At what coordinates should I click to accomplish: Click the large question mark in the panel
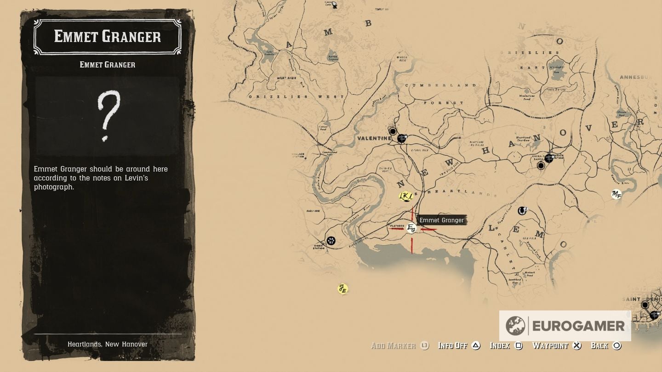108,115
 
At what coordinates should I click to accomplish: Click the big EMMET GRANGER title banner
108,37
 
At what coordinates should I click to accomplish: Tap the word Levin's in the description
137,178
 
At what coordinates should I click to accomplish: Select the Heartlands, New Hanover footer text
108,344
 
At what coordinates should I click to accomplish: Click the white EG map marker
411,228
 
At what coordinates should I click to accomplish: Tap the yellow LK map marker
405,197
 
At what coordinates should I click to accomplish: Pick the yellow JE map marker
342,289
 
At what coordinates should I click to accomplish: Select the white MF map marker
616,195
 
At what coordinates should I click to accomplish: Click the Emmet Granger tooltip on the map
441,220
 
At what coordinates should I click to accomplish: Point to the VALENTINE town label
374,138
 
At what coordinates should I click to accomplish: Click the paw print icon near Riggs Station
331,241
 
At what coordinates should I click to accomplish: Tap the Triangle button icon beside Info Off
476,345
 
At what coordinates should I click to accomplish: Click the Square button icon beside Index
519,345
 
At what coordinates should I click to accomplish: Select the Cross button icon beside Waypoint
577,345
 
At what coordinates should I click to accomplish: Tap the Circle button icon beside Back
617,345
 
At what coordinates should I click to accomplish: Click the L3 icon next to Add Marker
424,345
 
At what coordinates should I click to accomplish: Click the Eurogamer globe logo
515,326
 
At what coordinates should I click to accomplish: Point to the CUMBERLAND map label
441,85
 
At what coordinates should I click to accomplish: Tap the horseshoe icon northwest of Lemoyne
522,211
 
